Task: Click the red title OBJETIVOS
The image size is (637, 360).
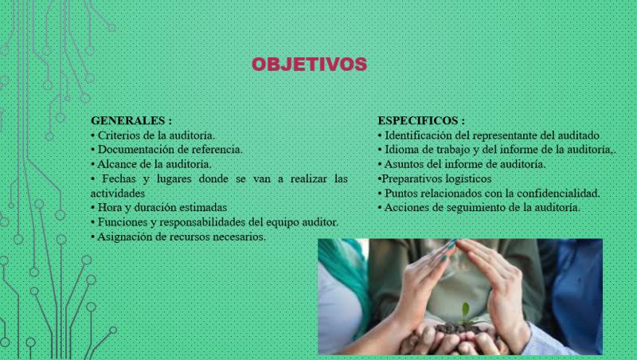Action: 309,65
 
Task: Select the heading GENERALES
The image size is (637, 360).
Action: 128,121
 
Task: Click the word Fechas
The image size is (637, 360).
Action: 119,178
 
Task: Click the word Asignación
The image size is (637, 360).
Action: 124,237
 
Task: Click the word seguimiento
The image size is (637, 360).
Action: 476,208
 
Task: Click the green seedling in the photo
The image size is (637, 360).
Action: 465,311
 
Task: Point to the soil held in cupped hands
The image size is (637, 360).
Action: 459,328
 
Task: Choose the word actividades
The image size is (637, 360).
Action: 118,194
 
